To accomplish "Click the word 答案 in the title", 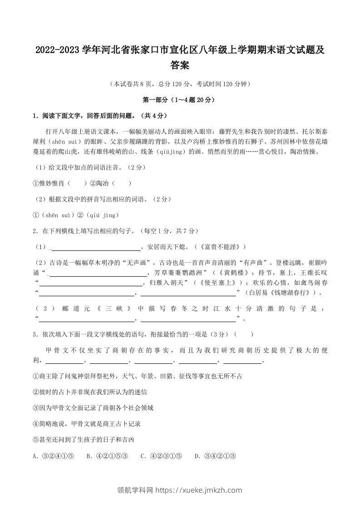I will click(180, 66).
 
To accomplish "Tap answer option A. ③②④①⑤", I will click(54, 456).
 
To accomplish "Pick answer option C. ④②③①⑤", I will click(162, 456).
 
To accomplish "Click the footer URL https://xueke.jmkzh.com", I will click(198, 490).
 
